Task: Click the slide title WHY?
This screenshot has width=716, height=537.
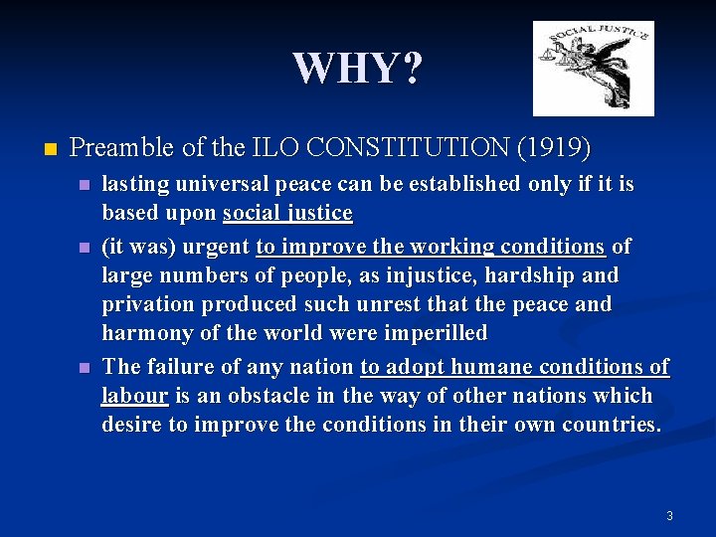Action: point(358,69)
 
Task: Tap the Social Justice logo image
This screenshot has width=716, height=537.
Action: point(593,69)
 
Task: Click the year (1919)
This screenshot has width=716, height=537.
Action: point(554,148)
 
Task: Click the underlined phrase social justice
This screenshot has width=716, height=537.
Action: point(287,213)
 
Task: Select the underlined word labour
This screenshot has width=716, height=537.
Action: point(134,395)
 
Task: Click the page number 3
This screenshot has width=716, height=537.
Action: point(669,515)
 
